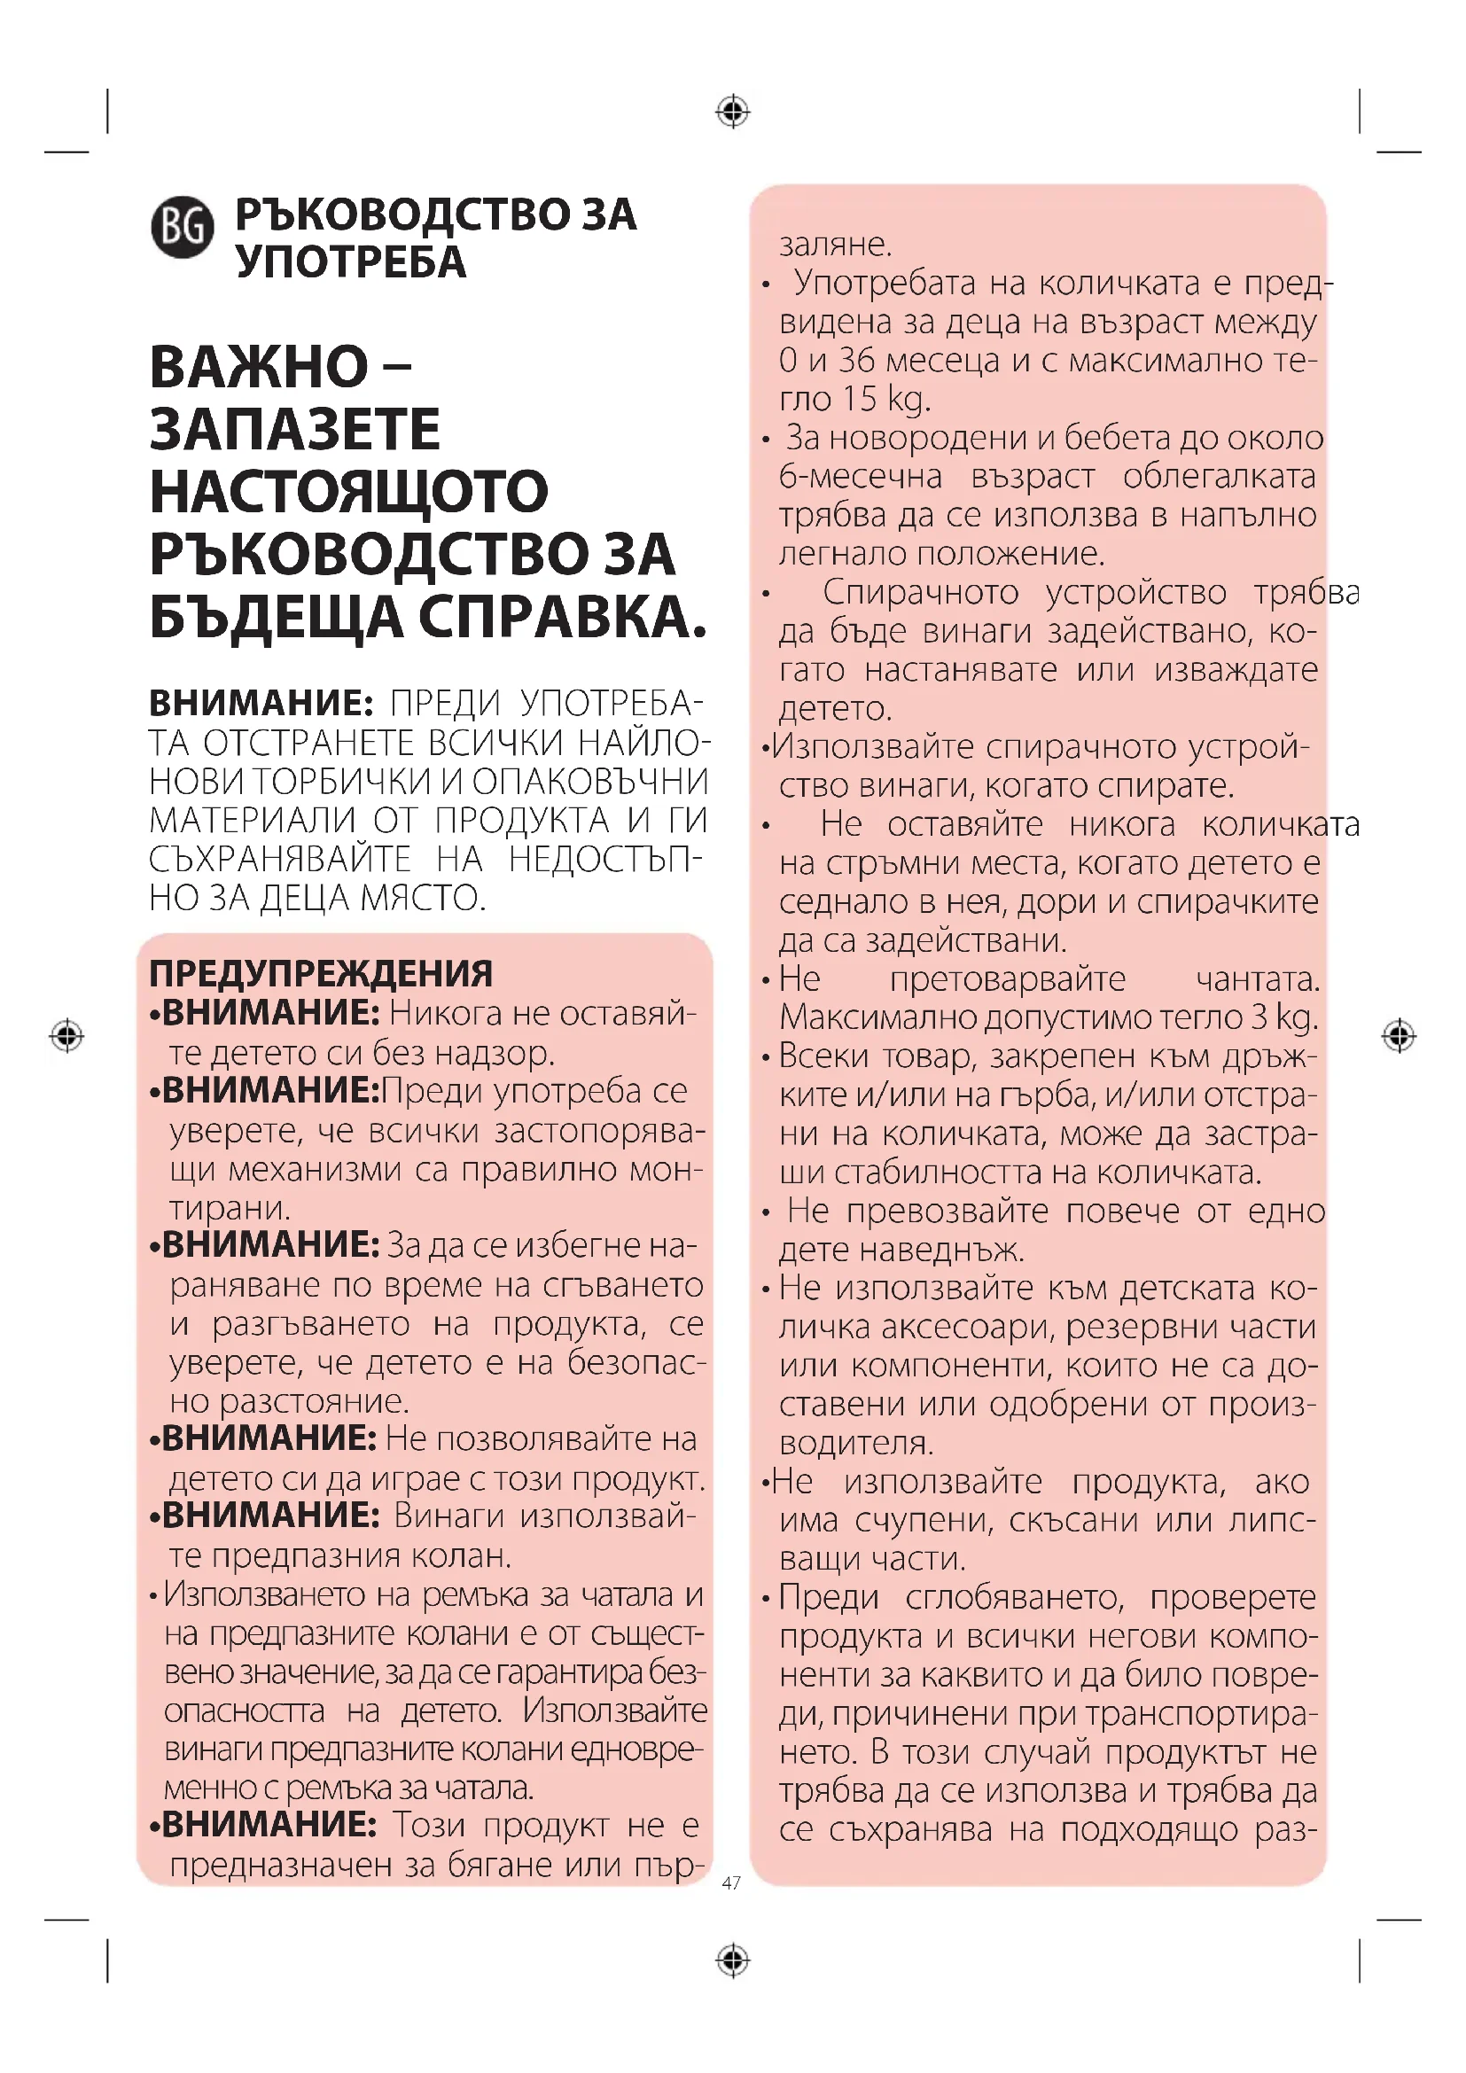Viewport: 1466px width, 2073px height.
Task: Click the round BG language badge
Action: [183, 227]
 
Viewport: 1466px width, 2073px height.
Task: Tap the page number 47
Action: [731, 1882]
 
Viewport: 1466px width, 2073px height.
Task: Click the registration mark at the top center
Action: [733, 112]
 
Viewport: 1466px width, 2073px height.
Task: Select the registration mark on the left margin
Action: [66, 1034]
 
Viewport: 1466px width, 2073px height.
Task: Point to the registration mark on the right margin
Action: [1399, 1035]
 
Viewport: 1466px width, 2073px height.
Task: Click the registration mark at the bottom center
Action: [733, 1960]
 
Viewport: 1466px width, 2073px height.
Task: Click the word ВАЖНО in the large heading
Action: [259, 368]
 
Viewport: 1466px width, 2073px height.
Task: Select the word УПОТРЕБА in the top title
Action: [351, 262]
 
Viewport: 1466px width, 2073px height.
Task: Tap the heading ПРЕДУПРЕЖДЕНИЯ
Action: [321, 974]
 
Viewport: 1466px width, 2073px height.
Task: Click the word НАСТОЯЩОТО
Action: [348, 492]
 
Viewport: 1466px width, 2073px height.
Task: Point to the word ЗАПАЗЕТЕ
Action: [294, 430]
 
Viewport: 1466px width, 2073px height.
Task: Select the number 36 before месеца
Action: [857, 360]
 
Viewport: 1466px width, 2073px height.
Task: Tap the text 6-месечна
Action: [861, 476]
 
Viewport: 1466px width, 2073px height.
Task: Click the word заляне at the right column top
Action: [835, 244]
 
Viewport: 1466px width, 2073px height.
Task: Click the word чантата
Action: [1258, 978]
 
